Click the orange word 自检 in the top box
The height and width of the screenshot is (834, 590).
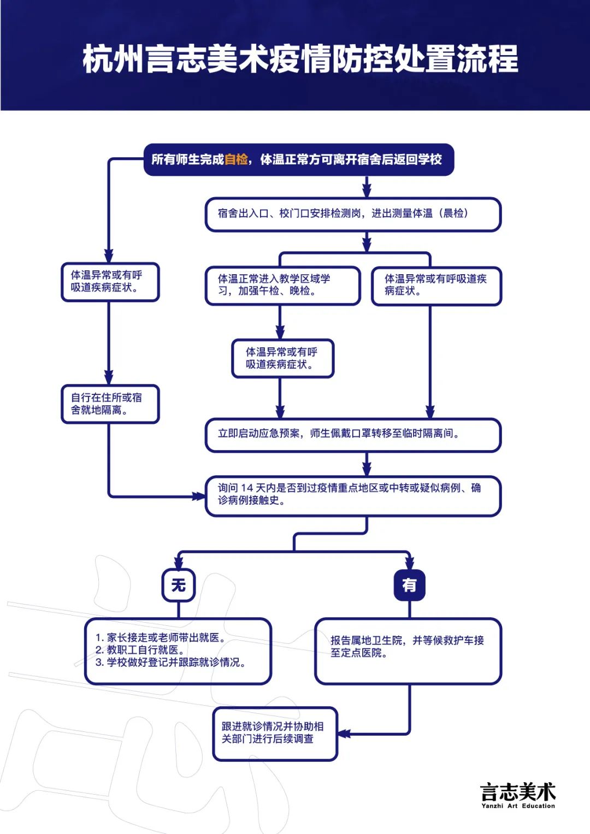tap(236, 159)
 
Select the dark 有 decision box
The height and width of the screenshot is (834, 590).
tap(409, 585)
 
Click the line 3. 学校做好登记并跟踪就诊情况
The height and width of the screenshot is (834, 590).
tap(170, 663)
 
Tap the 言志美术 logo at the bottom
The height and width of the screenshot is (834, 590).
tap(518, 791)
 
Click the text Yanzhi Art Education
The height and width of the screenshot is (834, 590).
tap(518, 806)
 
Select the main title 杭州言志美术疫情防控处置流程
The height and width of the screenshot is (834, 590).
tap(300, 59)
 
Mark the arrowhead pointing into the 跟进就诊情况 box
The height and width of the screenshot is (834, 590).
tap(344, 734)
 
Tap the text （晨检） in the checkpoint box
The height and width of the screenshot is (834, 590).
tap(453, 214)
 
